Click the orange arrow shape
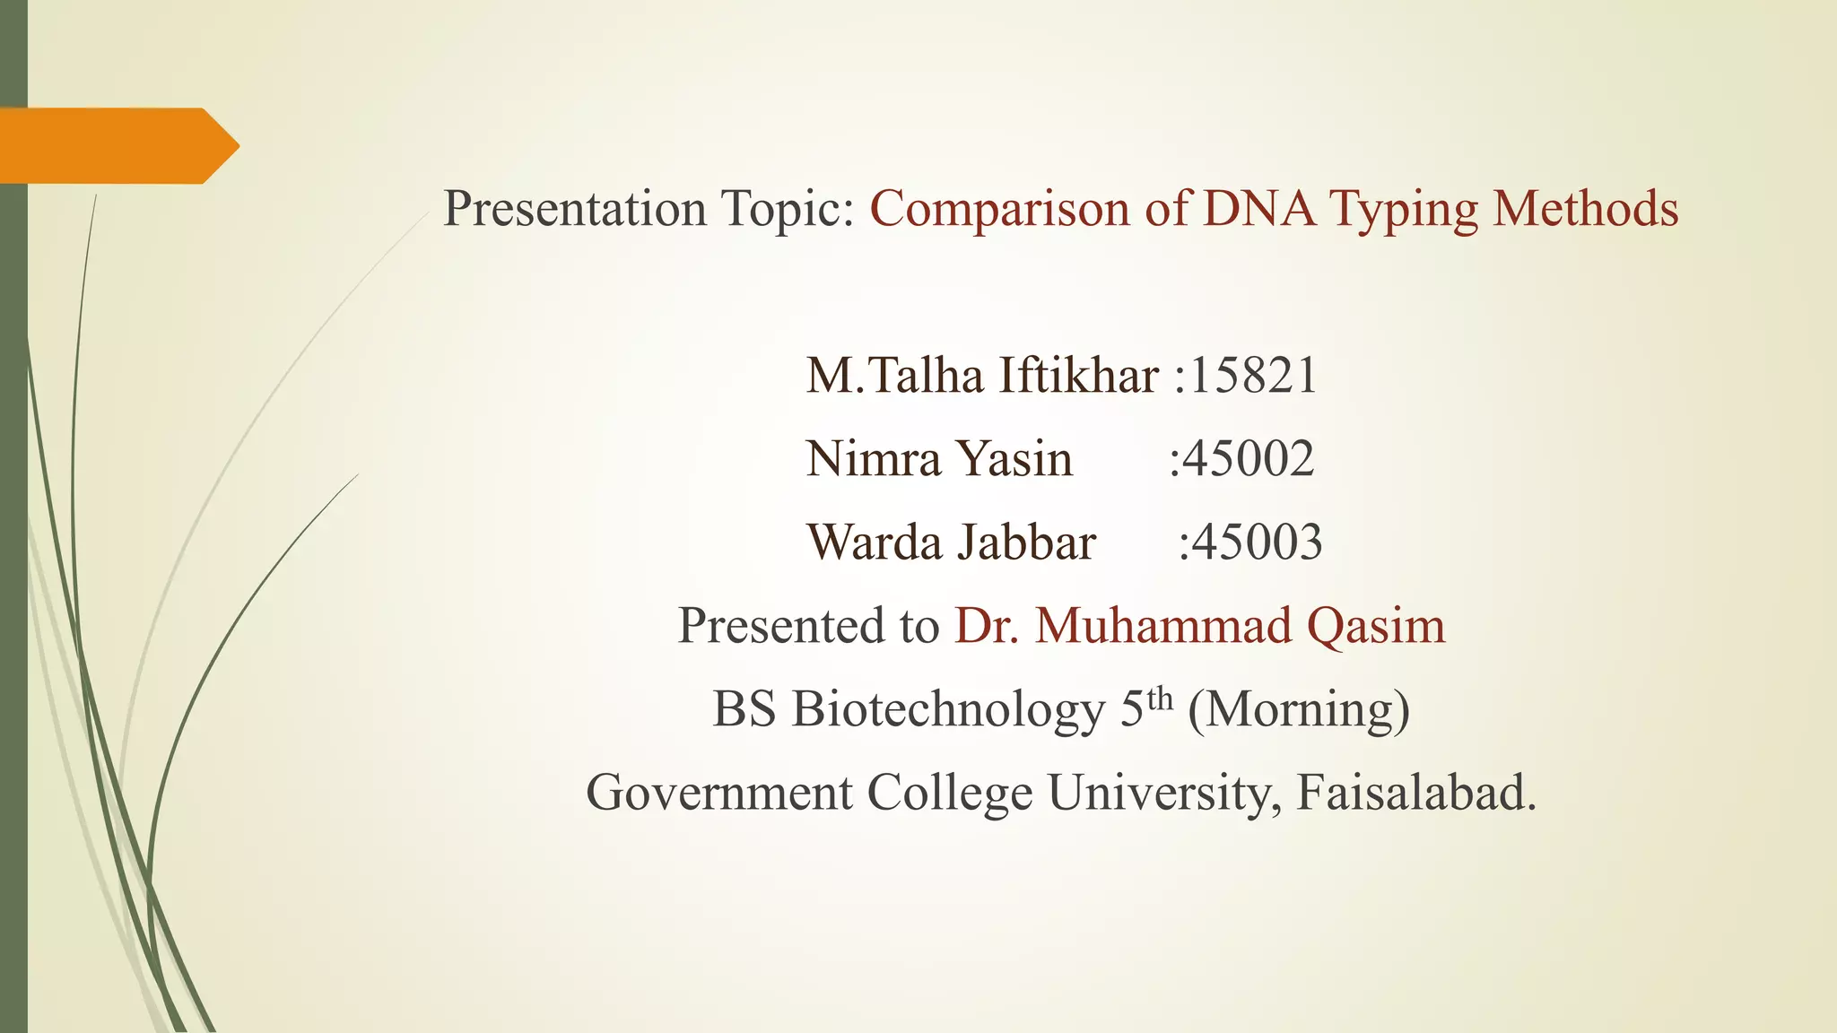(117, 145)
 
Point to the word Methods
(1585, 209)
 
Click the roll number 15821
(1253, 375)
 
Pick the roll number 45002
(1248, 458)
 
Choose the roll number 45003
(1256, 542)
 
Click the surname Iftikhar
(1078, 375)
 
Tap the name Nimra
(873, 458)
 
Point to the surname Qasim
(1375, 626)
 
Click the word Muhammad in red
(1163, 625)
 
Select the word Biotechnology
(948, 710)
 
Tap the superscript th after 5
(1160, 698)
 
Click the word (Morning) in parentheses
(1299, 710)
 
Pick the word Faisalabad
(1415, 793)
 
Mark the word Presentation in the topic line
(575, 209)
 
